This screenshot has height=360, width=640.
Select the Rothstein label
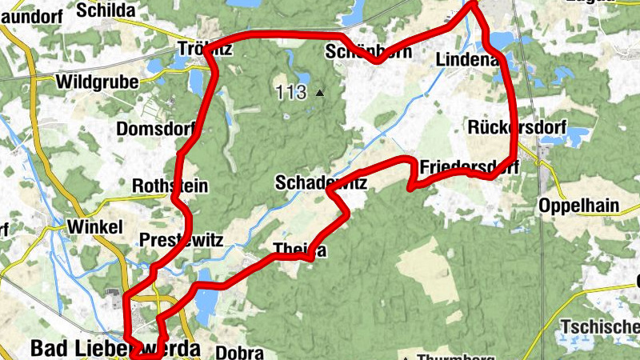click(170, 186)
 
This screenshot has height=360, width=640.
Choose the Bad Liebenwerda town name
click(114, 350)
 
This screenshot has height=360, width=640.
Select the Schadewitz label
click(321, 183)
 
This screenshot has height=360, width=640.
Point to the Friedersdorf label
click(469, 167)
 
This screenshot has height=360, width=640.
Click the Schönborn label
click(369, 52)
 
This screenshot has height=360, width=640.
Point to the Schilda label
click(106, 10)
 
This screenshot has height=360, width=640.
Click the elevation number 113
click(290, 92)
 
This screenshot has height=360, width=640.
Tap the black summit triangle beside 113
click(320, 93)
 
